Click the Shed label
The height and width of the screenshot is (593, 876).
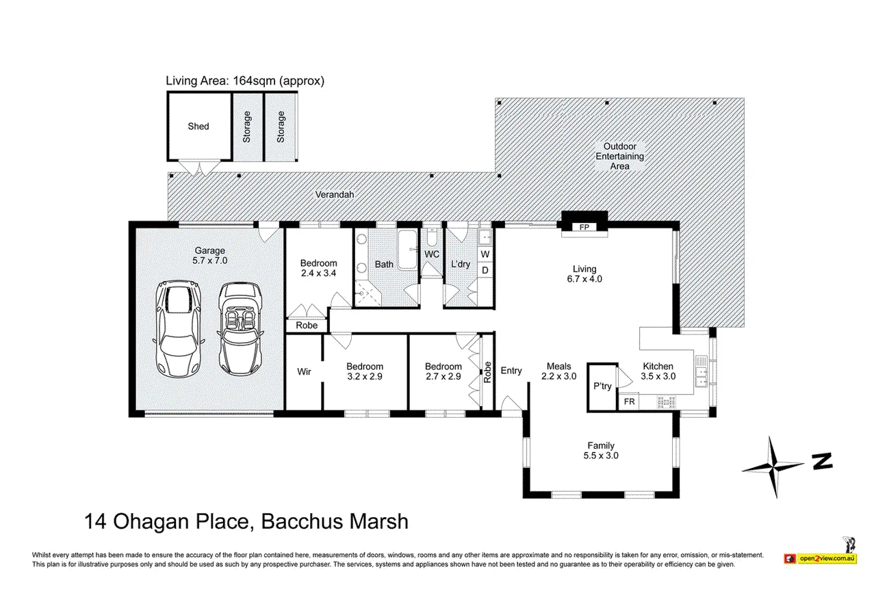198,127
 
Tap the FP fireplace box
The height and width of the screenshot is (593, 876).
584,227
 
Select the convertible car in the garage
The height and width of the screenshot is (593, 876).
240,328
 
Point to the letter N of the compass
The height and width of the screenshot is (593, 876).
822,461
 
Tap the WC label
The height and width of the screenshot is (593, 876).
432,254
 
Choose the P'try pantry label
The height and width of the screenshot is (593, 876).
602,386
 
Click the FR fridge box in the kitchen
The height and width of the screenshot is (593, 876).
629,401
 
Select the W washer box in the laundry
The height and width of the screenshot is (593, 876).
485,254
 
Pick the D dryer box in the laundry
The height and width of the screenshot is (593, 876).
485,270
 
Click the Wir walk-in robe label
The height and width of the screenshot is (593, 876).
304,371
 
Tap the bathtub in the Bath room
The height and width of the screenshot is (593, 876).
408,250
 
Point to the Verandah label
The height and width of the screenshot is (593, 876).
335,194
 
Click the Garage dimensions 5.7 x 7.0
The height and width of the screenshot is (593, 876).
209,261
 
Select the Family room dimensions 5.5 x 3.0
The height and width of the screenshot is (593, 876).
601,456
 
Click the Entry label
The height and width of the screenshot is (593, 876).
511,371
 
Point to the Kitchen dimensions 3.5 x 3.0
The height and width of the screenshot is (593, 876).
658,376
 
